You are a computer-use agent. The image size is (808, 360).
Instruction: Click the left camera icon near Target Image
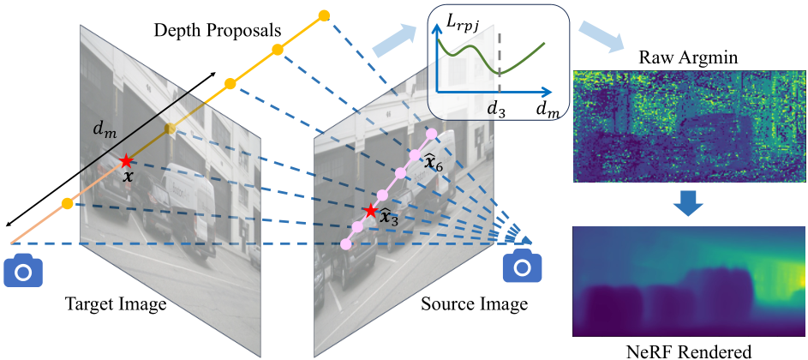tap(23, 270)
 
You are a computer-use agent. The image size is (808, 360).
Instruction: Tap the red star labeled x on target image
tap(126, 161)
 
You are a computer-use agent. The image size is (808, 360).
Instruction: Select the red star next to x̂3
tap(370, 210)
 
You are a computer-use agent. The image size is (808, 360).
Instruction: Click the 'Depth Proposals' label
tap(218, 31)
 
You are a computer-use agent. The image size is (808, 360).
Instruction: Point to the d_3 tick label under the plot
tap(498, 109)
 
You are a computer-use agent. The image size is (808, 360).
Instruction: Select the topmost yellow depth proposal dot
tap(324, 15)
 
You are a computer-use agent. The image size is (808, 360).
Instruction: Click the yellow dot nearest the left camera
tap(67, 203)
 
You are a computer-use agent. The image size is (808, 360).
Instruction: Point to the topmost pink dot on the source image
tap(431, 134)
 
